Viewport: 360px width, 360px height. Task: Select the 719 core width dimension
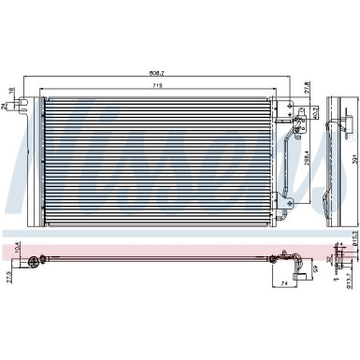(160, 84)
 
